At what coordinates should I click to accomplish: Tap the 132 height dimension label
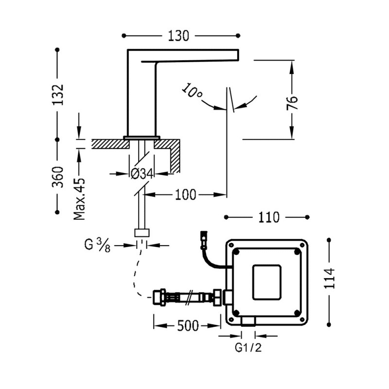58,94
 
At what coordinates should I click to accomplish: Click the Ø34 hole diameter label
142,173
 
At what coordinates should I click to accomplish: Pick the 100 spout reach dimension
185,195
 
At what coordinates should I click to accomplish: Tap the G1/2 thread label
248,348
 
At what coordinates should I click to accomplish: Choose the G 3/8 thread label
97,246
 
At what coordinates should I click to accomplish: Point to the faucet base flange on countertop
141,138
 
